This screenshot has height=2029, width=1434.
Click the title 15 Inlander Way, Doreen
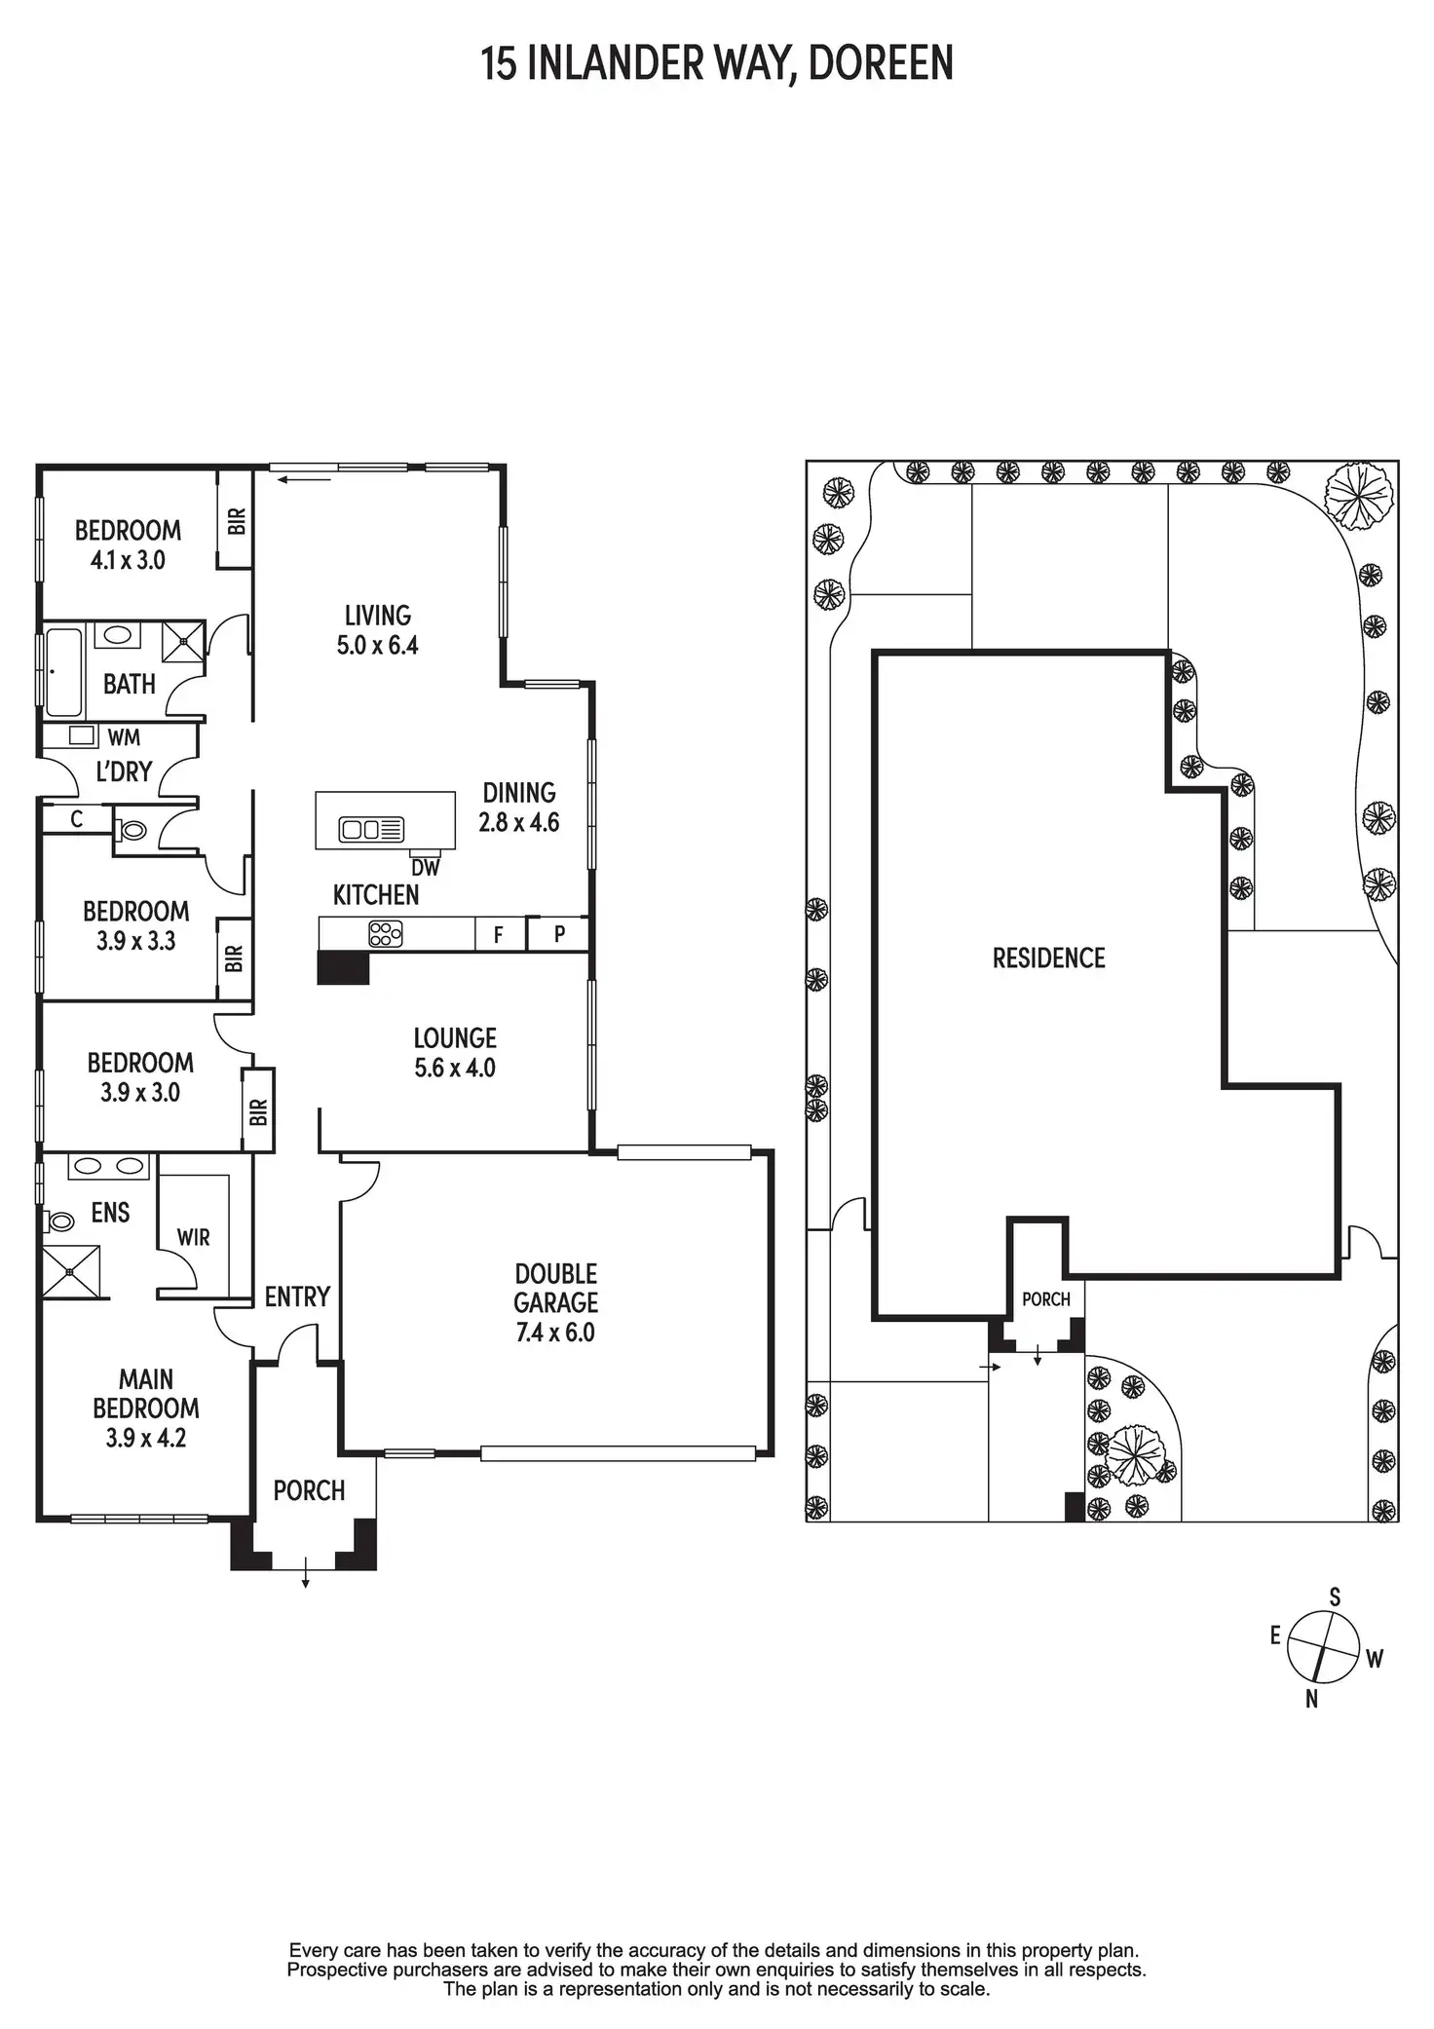(717, 64)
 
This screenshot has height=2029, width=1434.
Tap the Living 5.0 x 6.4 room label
(377, 630)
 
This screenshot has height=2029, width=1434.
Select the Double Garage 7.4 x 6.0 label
(555, 1302)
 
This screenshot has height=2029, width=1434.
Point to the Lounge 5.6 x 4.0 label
(455, 1053)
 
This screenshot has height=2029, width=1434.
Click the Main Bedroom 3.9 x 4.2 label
(146, 1408)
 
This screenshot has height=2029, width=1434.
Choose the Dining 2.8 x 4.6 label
(519, 808)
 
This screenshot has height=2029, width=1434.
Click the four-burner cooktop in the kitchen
(385, 935)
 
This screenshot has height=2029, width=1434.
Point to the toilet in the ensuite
(60, 1221)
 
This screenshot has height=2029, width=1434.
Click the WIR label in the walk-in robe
(194, 1237)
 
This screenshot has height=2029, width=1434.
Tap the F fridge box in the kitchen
(500, 935)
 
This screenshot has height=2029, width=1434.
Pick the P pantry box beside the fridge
(559, 934)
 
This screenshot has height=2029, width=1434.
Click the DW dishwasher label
(426, 868)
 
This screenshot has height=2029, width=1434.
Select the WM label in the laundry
(124, 738)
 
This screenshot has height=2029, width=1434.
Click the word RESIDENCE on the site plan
(1049, 958)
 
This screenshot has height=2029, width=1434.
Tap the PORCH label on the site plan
(1046, 1299)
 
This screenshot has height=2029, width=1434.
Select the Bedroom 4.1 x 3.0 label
(128, 545)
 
